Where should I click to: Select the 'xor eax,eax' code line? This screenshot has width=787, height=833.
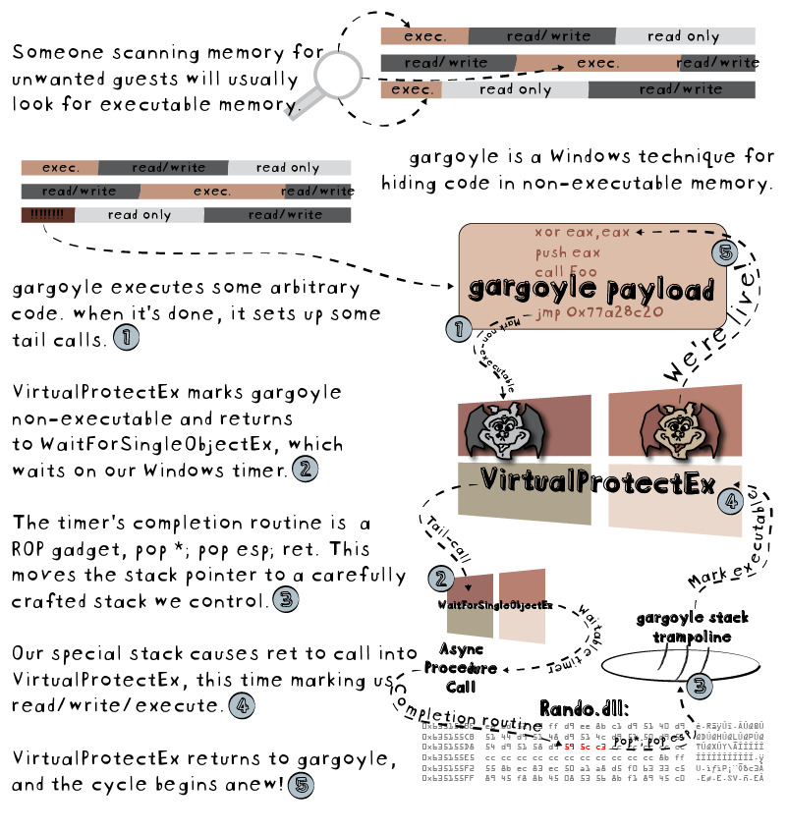(583, 233)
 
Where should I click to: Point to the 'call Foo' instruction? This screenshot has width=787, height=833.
(566, 271)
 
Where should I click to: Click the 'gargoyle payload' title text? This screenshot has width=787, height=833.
(590, 290)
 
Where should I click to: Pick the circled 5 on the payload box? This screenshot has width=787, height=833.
(724, 253)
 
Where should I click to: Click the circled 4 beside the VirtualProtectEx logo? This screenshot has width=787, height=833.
(729, 501)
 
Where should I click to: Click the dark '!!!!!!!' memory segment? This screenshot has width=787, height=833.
(46, 215)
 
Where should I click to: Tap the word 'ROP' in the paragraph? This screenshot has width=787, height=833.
(32, 549)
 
